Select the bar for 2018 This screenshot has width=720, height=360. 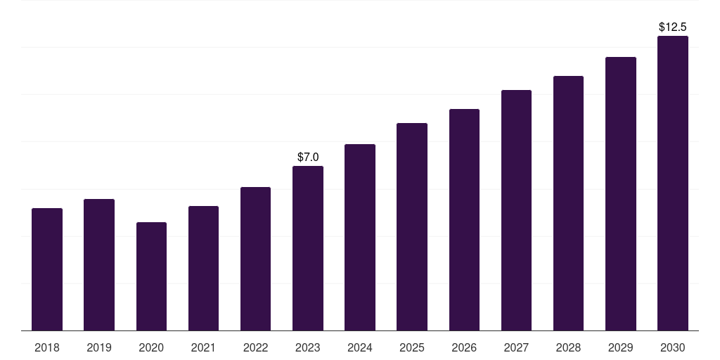(47, 269)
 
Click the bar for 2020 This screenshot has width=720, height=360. (152, 276)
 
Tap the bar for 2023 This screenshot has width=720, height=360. (308, 248)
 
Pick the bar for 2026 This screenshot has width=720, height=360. (464, 220)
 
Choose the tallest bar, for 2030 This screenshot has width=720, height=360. (673, 184)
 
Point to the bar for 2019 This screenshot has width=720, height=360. (99, 265)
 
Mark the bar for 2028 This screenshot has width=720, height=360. (568, 203)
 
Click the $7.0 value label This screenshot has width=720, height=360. (308, 157)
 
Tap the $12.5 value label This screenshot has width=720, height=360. (673, 27)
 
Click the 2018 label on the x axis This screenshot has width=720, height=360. (47, 347)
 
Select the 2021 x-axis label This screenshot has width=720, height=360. (203, 347)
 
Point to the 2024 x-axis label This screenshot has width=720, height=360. (360, 347)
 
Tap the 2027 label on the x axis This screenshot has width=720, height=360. (516, 347)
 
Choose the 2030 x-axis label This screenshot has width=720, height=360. (673, 347)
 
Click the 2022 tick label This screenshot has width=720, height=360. (256, 347)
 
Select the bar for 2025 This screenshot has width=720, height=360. (412, 227)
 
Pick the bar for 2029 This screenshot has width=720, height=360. (621, 194)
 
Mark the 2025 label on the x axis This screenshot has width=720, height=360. (412, 347)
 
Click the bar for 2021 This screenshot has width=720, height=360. (203, 269)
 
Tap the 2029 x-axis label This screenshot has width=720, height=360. (621, 347)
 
